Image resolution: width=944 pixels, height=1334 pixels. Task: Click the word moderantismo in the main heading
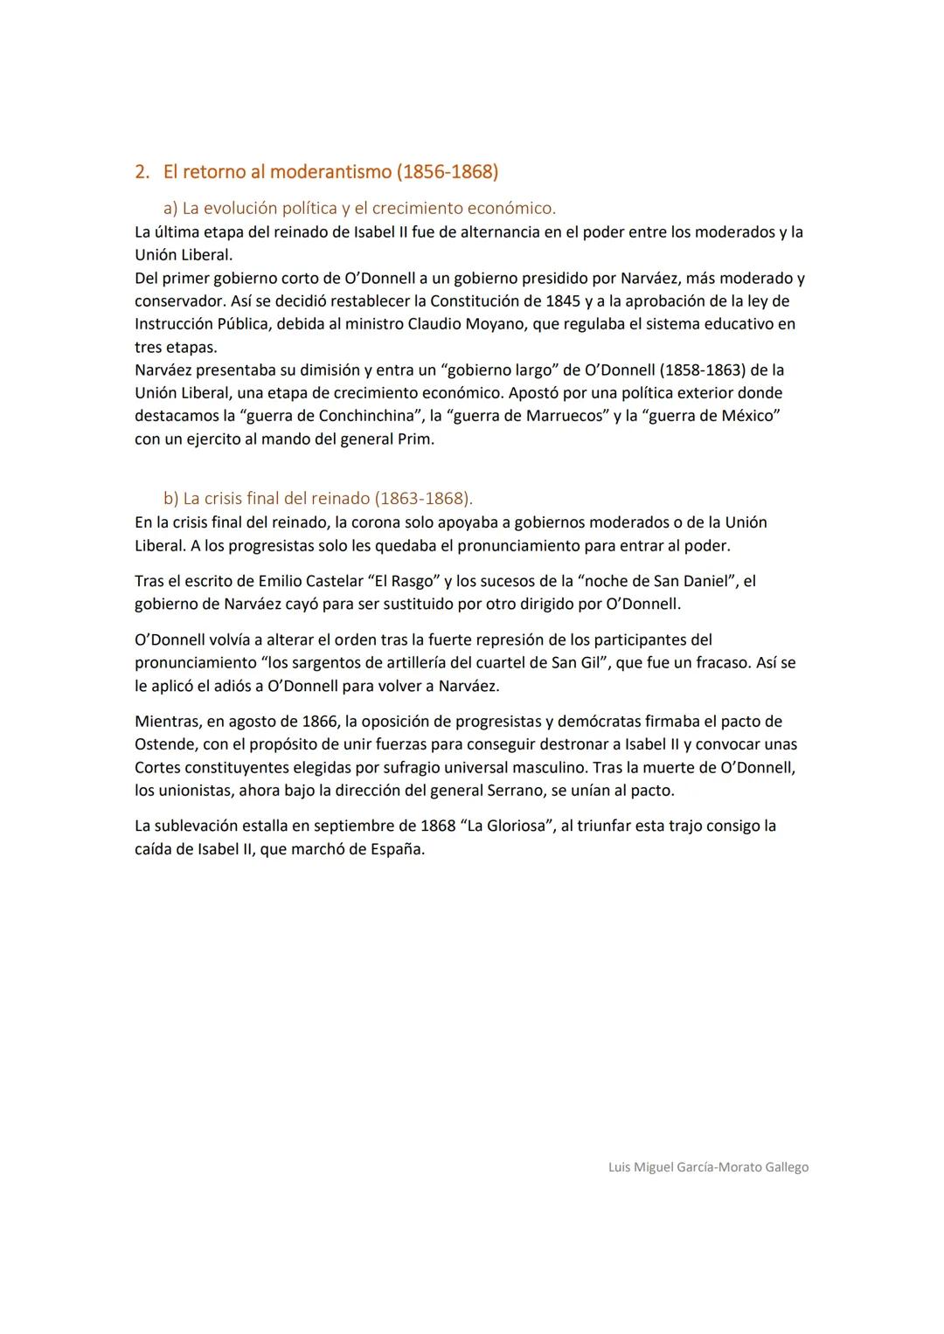coord(330,171)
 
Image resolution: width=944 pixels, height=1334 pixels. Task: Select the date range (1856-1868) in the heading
coord(448,171)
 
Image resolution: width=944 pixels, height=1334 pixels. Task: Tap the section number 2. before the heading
coord(142,171)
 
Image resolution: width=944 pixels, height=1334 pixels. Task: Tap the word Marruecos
coord(566,416)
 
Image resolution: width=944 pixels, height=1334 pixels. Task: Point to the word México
coord(747,416)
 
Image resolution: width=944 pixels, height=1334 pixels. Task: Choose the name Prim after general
coord(414,439)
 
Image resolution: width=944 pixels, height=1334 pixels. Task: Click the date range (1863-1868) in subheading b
coord(423,499)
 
